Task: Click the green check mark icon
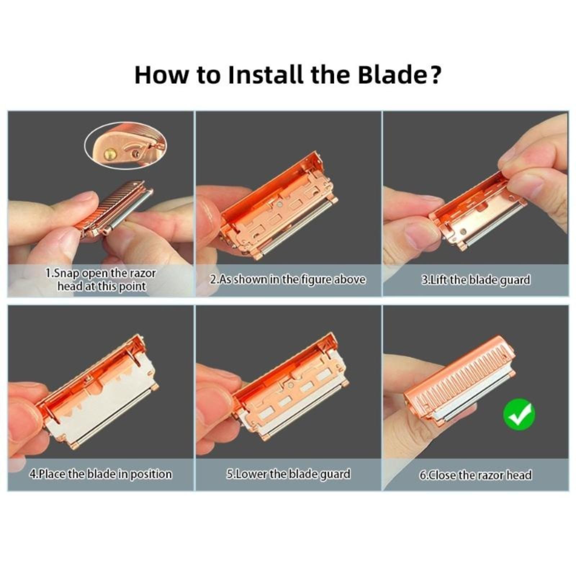pos(519,414)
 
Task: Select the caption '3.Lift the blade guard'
pos(476,280)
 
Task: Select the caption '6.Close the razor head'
pos(476,475)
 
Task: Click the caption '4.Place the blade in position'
pos(100,474)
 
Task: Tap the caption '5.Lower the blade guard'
pos(288,474)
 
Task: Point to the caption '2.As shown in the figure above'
pos(288,279)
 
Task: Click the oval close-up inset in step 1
pos(125,145)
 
